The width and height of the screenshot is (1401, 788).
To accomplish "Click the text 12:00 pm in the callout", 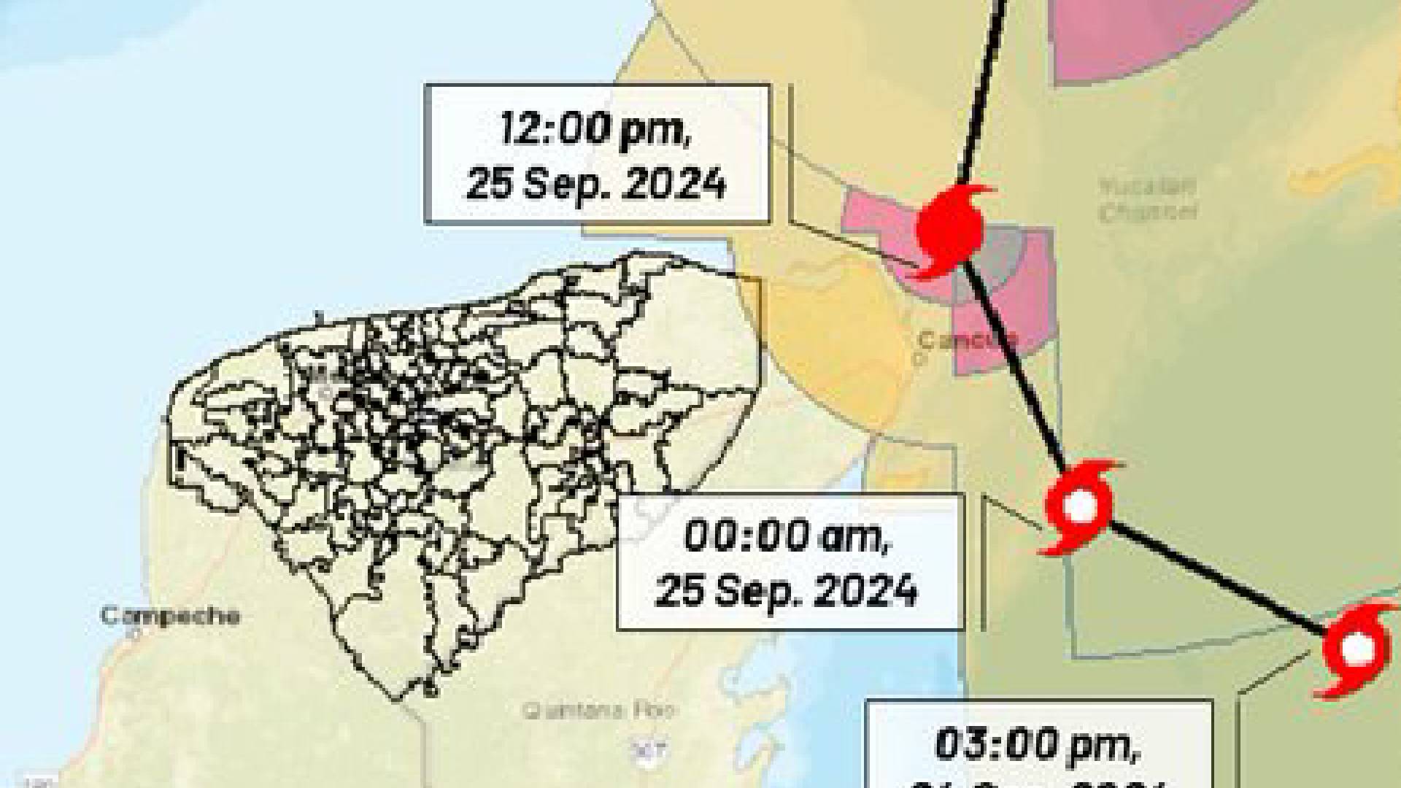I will (595, 131).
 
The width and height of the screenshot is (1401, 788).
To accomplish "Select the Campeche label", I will (170, 616).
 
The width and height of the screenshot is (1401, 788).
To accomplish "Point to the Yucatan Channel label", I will (1148, 198).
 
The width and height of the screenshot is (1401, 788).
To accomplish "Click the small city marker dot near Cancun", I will (921, 358).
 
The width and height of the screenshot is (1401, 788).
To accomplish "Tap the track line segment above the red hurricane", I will (981, 88).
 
